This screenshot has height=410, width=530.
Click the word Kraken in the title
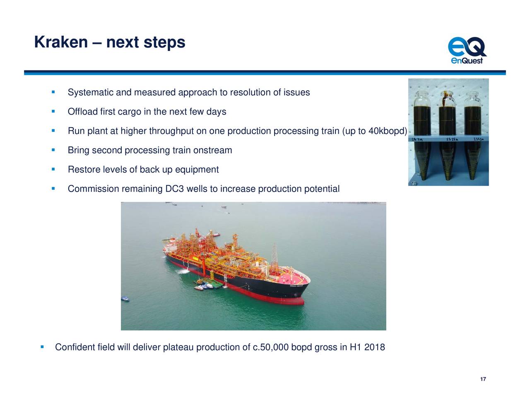[x=61, y=42]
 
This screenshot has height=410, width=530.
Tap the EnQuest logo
[x=467, y=51]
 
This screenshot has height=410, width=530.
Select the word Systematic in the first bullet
[x=91, y=92]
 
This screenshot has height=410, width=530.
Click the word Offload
[x=83, y=112]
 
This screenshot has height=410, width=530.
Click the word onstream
[x=212, y=150]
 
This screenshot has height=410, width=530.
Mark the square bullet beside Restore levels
[x=53, y=169]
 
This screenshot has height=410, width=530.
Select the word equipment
[x=197, y=170]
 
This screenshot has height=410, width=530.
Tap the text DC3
[x=174, y=189]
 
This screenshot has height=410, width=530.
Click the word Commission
[x=93, y=189]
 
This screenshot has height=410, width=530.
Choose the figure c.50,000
[x=270, y=347]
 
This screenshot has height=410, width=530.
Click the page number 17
[x=483, y=379]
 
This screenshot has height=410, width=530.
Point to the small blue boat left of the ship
[x=125, y=298]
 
